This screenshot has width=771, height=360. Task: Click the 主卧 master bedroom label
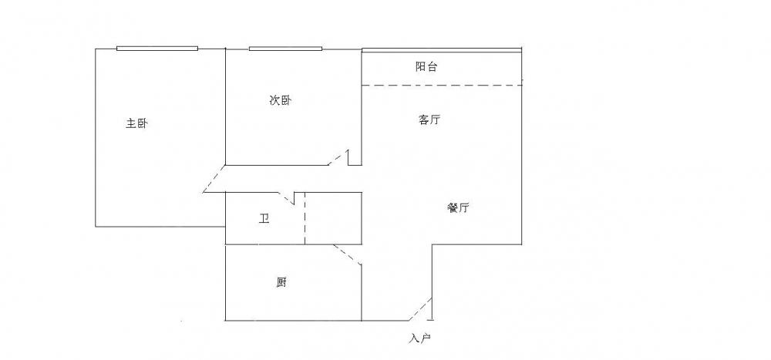click(x=136, y=123)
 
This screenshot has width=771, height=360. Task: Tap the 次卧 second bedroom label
click(x=280, y=100)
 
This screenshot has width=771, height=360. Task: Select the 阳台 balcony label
click(x=426, y=67)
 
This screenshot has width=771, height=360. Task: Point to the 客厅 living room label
click(x=429, y=120)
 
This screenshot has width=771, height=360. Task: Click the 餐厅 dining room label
click(x=458, y=208)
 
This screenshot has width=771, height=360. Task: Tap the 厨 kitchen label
click(x=282, y=283)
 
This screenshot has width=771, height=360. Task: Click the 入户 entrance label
click(x=419, y=338)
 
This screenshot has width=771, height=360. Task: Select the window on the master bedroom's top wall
click(x=157, y=49)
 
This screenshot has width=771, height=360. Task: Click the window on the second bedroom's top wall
click(x=285, y=49)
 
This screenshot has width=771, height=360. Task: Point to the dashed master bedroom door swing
click(x=214, y=179)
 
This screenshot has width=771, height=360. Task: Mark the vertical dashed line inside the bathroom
click(x=305, y=219)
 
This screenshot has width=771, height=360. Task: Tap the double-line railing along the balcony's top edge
click(x=442, y=51)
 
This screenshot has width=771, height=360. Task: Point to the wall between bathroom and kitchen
click(x=293, y=245)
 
